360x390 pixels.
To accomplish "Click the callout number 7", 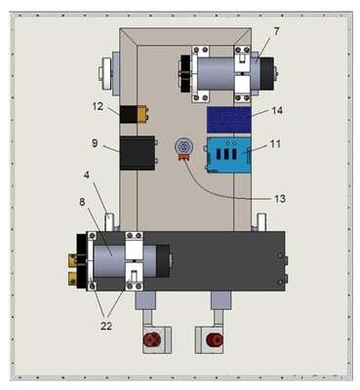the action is [276, 32].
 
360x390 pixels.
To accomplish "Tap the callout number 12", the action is [98, 106].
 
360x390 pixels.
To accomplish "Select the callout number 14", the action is [277, 111].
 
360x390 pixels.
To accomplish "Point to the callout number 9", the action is [95, 143].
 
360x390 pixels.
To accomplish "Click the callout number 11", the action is [275, 143].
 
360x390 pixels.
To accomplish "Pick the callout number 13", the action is [280, 198].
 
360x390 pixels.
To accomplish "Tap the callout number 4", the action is [86, 175].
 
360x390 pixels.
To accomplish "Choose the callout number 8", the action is [82, 202].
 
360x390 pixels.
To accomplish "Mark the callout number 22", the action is [106, 326].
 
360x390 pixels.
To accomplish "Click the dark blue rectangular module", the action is [229, 120].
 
